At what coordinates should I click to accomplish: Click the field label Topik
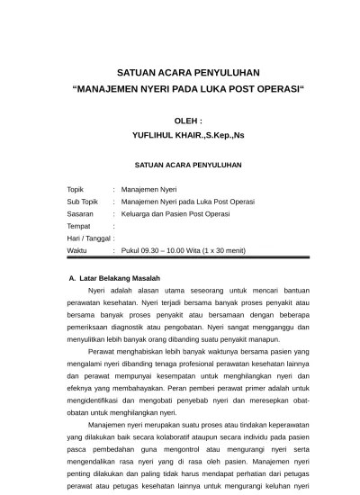(x=76, y=190)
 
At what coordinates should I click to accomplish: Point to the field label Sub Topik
(x=83, y=202)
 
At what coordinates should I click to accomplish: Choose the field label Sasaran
(x=81, y=214)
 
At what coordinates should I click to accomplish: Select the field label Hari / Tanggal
(x=88, y=238)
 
